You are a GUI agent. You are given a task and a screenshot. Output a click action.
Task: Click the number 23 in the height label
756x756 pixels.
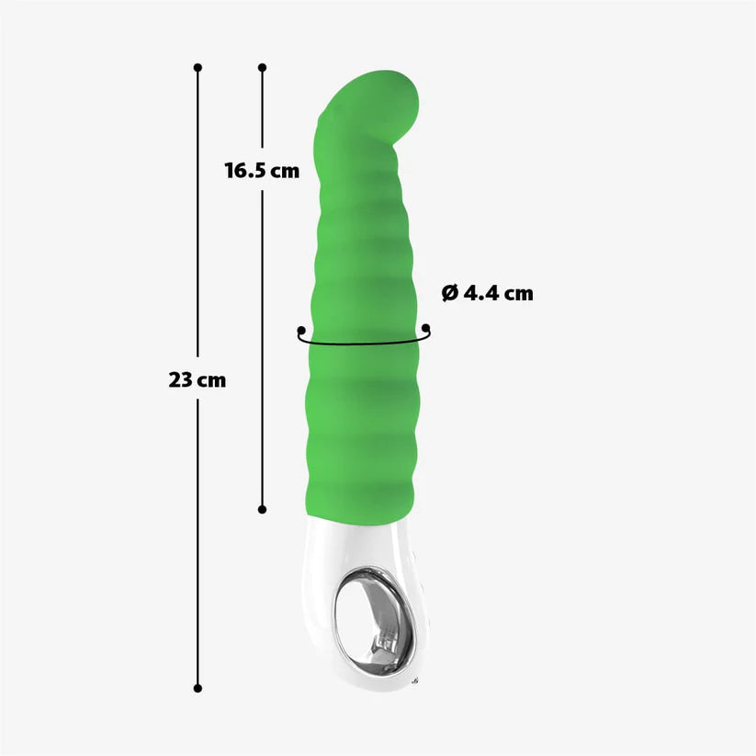(x=180, y=379)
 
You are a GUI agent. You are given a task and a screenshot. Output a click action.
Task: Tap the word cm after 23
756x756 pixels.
(x=210, y=380)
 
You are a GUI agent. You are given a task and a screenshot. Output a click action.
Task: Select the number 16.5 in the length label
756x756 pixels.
(x=243, y=170)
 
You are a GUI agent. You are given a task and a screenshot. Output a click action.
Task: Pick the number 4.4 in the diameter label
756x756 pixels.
(x=480, y=294)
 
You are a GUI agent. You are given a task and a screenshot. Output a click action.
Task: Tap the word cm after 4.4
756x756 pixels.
(x=517, y=294)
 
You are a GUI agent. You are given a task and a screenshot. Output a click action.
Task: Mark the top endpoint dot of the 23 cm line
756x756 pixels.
(x=197, y=67)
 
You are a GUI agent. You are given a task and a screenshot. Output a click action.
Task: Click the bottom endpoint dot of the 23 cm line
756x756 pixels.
(x=197, y=687)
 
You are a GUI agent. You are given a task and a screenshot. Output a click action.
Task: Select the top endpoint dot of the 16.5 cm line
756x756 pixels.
(x=262, y=67)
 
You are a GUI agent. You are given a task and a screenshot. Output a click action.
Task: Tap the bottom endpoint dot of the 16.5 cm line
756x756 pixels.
(x=262, y=509)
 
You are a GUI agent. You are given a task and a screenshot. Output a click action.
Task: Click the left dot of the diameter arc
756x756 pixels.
(x=300, y=329)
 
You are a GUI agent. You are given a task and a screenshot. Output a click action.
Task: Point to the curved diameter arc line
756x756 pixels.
(x=363, y=346)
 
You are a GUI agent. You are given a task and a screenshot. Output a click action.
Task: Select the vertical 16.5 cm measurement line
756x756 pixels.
(x=262, y=367)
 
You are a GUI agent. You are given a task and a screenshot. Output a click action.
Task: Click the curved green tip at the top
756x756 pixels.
(x=386, y=96)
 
